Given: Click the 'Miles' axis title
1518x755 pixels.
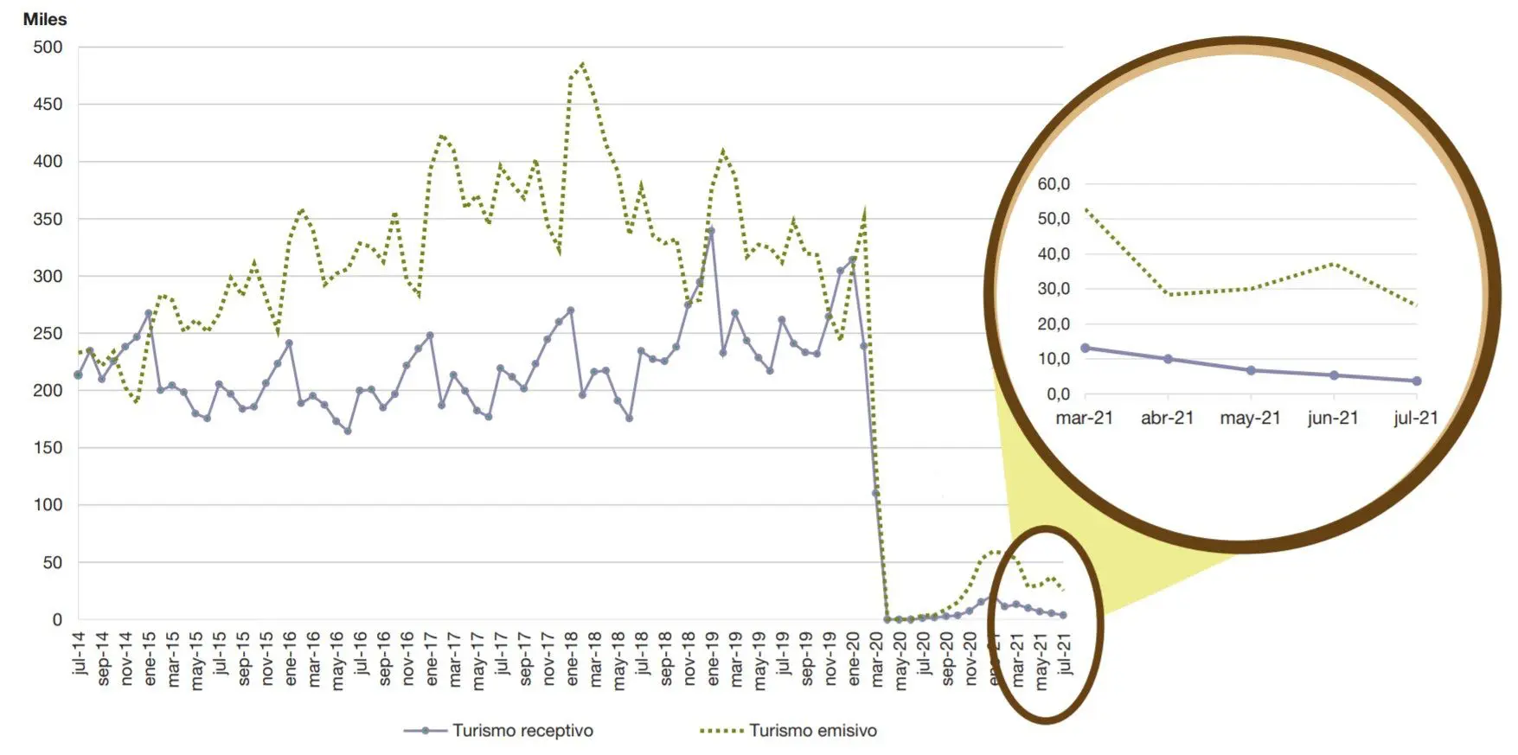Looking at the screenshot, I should coord(44,19).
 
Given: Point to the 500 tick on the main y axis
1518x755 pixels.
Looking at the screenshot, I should coord(48,48).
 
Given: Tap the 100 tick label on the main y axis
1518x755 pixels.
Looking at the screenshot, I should coord(48,505).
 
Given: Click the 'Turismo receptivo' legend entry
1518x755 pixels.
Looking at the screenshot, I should coord(522,731).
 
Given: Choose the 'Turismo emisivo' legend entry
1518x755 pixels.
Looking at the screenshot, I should coord(812,731).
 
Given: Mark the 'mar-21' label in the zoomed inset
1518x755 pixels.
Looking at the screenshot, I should coord(1084,419).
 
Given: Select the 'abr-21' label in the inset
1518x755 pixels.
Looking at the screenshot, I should coord(1167,419).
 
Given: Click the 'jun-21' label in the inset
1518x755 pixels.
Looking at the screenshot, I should coord(1333,419).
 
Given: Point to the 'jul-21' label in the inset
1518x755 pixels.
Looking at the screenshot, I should coord(1416,419).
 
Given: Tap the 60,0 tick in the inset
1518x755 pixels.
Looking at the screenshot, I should coord(1054,184).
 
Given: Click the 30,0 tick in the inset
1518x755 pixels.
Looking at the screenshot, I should coord(1054,289).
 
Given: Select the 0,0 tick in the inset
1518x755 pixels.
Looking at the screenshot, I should coord(1058,394).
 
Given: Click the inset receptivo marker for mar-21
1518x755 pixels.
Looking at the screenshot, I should coord(1085,349).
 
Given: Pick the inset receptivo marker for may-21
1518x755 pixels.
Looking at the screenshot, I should coord(1251,370).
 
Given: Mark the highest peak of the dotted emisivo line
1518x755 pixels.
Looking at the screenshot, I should coord(583,63).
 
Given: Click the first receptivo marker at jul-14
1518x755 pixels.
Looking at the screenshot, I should coord(79,375).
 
